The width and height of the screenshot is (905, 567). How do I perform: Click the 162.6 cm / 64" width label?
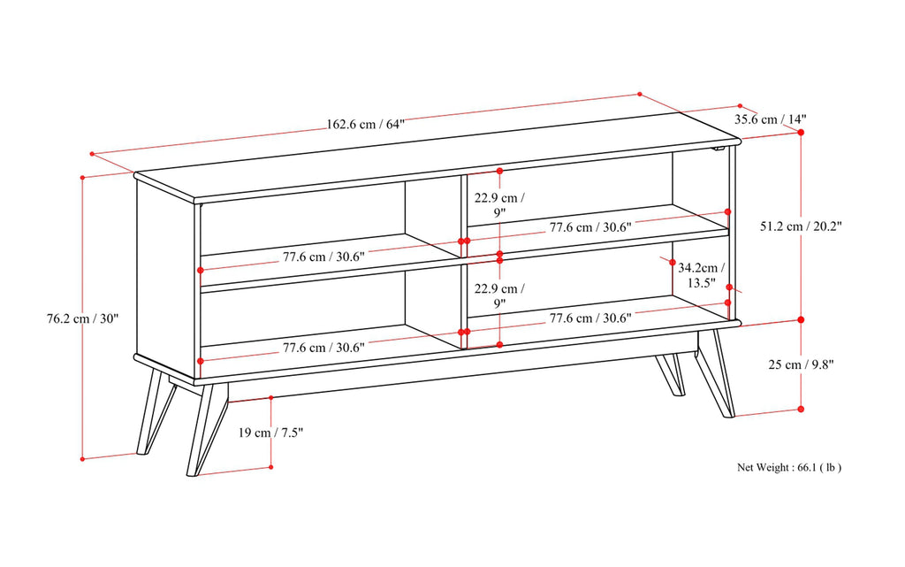(365, 124)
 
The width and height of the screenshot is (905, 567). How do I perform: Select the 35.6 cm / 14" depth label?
(770, 119)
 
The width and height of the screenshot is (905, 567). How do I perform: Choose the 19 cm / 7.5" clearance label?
(270, 433)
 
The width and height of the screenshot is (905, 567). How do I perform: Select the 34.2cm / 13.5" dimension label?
(702, 274)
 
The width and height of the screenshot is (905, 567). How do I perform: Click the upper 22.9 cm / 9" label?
(499, 204)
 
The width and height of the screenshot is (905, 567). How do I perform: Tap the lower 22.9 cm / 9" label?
(499, 295)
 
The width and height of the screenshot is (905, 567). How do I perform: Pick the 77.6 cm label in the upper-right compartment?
(589, 227)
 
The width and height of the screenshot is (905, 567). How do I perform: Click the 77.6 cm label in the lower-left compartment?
(323, 348)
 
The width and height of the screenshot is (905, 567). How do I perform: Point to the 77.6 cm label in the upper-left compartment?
(323, 257)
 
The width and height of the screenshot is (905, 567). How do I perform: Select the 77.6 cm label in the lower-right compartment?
(589, 318)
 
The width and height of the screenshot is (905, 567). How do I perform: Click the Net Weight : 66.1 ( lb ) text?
(789, 467)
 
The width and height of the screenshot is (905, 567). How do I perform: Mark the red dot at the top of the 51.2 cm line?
(801, 132)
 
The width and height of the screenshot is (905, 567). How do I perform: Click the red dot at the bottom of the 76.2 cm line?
(82, 458)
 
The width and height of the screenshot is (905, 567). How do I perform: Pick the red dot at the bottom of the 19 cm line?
(270, 467)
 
